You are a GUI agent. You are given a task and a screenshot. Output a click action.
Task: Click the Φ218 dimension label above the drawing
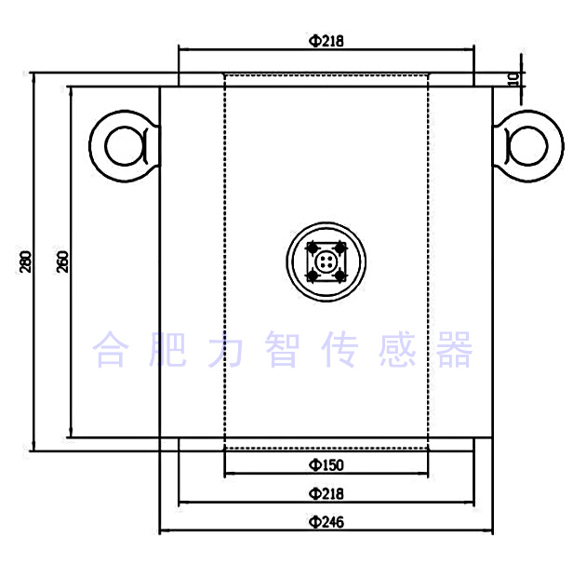(326, 41)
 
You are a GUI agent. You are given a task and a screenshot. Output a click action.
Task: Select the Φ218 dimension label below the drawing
(326, 492)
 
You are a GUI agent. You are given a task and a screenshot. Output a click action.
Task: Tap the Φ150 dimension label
(326, 464)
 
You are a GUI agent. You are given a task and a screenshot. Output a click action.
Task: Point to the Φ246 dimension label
(326, 521)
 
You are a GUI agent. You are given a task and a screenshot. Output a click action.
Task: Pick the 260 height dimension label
(62, 262)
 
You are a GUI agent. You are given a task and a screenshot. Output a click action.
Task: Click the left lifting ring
(123, 145)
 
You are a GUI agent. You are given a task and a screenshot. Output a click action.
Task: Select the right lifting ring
(528, 145)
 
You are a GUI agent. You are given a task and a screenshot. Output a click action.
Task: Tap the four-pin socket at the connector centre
(326, 262)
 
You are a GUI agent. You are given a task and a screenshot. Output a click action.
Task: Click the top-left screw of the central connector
(311, 248)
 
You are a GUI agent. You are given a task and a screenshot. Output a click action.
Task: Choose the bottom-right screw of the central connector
(340, 275)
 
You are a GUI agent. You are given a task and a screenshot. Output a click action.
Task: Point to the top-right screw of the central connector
(340, 248)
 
